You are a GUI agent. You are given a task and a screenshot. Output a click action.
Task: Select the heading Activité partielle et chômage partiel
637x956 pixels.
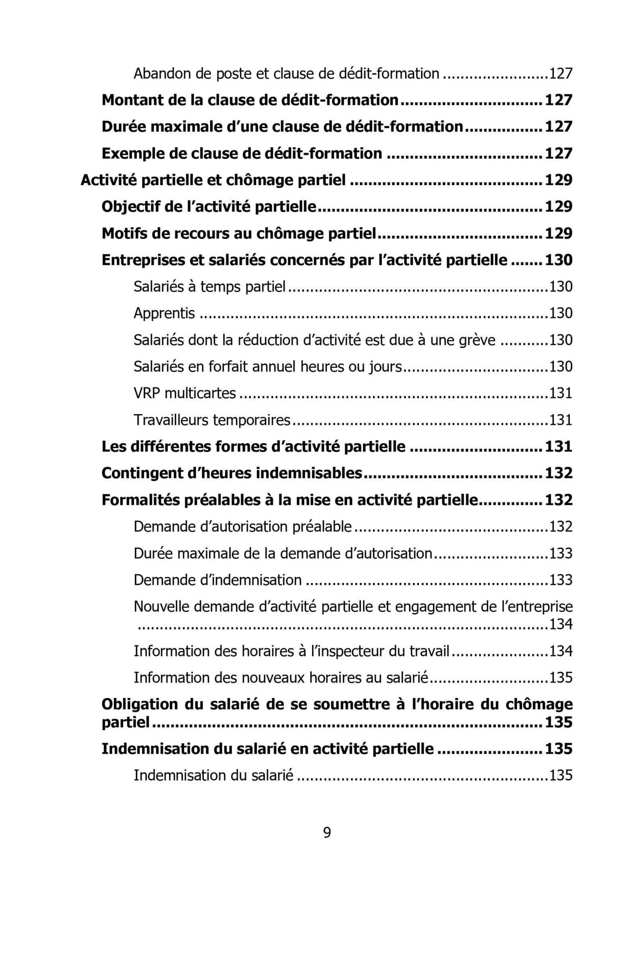coord(213,180)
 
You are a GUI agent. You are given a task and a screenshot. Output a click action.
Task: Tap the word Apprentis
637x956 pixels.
coord(164,313)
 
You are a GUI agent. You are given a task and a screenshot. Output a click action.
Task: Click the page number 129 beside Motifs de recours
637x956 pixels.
coord(559,234)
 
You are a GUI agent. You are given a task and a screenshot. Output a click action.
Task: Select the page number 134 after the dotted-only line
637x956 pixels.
coord(561,624)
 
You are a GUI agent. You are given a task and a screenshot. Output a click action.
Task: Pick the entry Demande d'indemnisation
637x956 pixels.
coord(217,580)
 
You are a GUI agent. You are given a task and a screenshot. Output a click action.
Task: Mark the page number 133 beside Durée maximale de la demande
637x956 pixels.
coord(561,553)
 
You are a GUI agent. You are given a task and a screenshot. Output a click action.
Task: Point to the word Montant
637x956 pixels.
coord(132,100)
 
